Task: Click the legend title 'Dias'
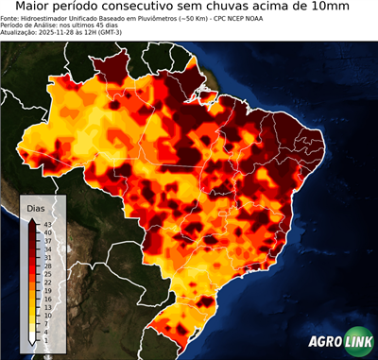point(36,207)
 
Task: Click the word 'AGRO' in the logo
point(326,342)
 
